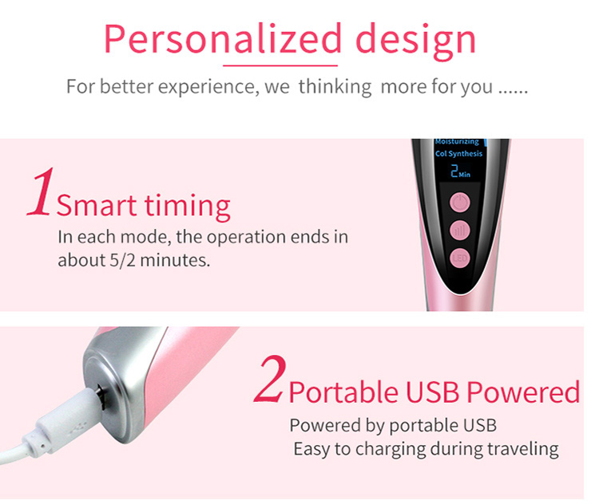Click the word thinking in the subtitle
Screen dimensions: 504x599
[335, 86]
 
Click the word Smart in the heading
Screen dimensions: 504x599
[96, 207]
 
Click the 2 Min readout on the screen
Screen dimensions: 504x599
[458, 171]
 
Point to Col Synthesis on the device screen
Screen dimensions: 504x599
[458, 154]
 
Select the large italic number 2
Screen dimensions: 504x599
[268, 384]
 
